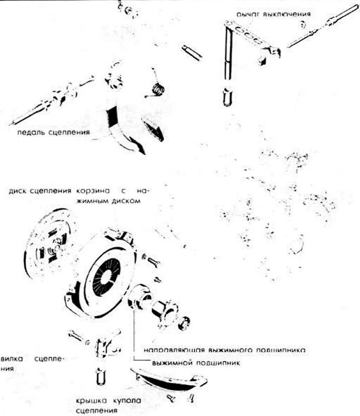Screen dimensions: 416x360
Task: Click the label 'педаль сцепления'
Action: coord(53,133)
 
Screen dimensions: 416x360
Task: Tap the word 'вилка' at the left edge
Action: coord(11,359)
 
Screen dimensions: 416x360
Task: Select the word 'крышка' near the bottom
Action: coord(90,400)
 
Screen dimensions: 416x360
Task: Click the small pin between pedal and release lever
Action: coord(192,52)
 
